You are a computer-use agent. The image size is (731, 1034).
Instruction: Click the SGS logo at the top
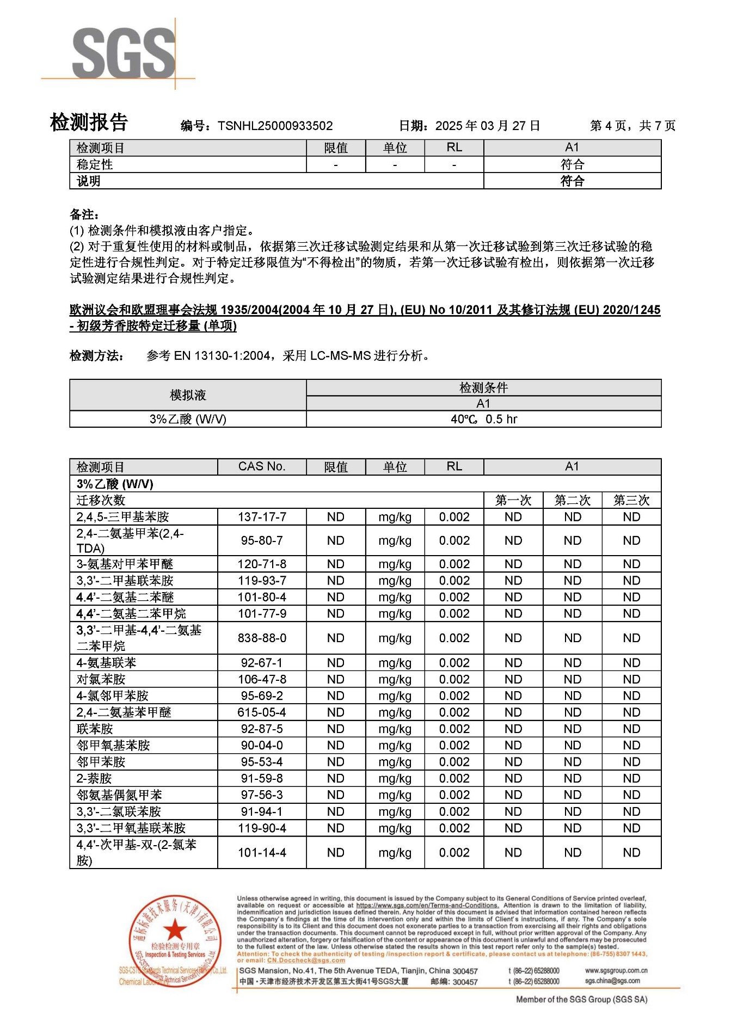click(124, 53)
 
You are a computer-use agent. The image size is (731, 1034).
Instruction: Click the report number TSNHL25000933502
click(275, 126)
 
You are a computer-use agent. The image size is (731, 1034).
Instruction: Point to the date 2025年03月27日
click(487, 126)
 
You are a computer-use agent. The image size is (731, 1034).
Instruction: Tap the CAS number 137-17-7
click(262, 517)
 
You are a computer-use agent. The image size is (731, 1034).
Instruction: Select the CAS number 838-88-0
click(262, 638)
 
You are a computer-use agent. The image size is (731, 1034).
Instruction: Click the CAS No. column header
click(262, 467)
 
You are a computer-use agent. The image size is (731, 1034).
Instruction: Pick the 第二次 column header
click(572, 501)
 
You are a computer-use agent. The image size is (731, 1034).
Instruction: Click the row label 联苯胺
click(95, 729)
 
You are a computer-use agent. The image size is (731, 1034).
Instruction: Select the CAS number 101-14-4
click(262, 853)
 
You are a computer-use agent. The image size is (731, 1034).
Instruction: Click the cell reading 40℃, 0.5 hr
click(483, 419)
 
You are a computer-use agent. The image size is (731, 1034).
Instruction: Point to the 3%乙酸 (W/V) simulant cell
click(188, 419)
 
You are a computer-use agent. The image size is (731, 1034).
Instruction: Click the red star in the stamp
click(175, 930)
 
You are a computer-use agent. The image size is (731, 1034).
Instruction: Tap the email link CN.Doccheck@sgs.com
click(306, 961)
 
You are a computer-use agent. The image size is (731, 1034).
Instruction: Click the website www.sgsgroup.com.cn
click(616, 971)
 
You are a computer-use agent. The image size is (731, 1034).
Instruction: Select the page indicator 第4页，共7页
click(632, 126)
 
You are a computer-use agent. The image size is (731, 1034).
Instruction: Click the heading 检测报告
click(89, 122)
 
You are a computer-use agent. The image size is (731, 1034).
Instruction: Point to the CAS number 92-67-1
click(262, 663)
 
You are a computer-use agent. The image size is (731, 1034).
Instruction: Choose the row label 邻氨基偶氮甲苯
click(119, 795)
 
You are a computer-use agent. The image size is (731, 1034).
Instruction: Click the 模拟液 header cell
click(188, 395)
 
